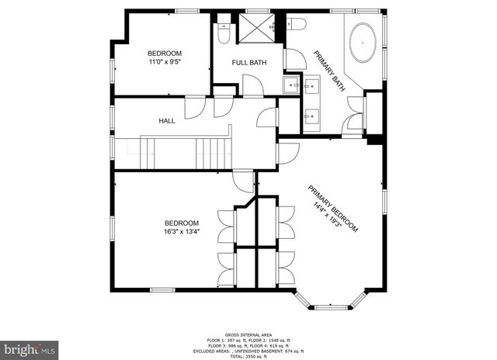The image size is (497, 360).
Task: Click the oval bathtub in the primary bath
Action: (363, 43)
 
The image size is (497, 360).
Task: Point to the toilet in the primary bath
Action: (295, 25)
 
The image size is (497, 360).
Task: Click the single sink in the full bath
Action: (290, 84)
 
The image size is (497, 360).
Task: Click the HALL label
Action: (167, 121)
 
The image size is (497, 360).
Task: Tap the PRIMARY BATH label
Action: (329, 71)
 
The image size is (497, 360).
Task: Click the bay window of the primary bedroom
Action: (331, 303)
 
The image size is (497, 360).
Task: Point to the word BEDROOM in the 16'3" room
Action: (181, 223)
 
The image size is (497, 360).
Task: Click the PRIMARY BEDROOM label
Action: (334, 208)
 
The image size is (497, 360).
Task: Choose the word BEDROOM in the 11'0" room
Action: (165, 53)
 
